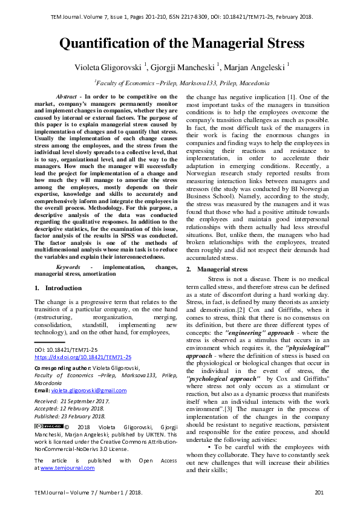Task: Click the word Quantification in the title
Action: pyautogui.click(x=107, y=44)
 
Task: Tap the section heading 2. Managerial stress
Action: pyautogui.click(x=216, y=269)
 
